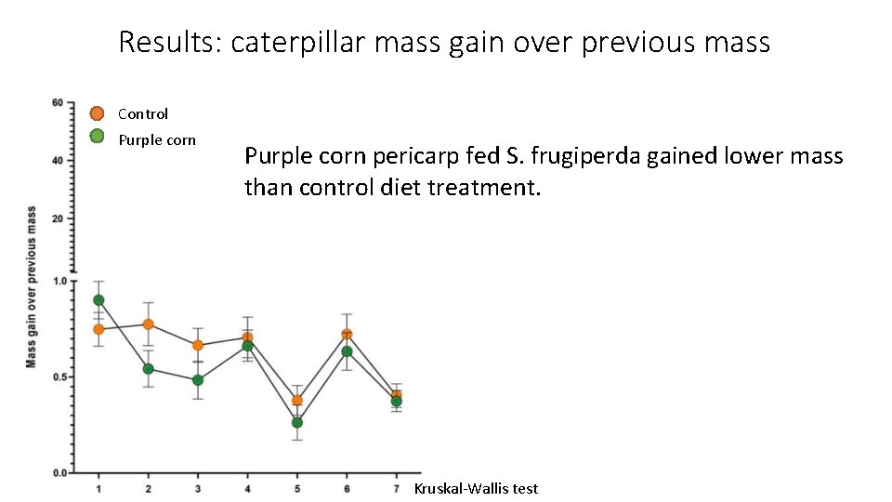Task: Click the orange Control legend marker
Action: pyautogui.click(x=97, y=113)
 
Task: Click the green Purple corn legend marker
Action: pyautogui.click(x=97, y=137)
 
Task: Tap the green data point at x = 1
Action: pyautogui.click(x=98, y=300)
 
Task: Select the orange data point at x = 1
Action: pyautogui.click(x=98, y=329)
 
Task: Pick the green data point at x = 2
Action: pyautogui.click(x=148, y=369)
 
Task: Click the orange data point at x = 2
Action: pyautogui.click(x=148, y=324)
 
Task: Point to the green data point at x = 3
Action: pyautogui.click(x=198, y=380)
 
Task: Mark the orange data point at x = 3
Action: pyautogui.click(x=198, y=346)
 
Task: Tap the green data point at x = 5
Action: pyautogui.click(x=297, y=422)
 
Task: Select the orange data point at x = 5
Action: pyautogui.click(x=297, y=401)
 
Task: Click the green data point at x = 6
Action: pyautogui.click(x=347, y=351)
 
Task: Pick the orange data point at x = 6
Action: pyautogui.click(x=347, y=335)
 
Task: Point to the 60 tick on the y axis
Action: pyautogui.click(x=57, y=102)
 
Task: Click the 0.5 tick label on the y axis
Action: pyautogui.click(x=59, y=377)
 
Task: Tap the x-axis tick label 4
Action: pyautogui.click(x=247, y=488)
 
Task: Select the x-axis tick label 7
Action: pyautogui.click(x=396, y=488)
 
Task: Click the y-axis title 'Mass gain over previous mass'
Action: pyautogui.click(x=32, y=286)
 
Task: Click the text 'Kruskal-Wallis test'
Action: pyautogui.click(x=476, y=488)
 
